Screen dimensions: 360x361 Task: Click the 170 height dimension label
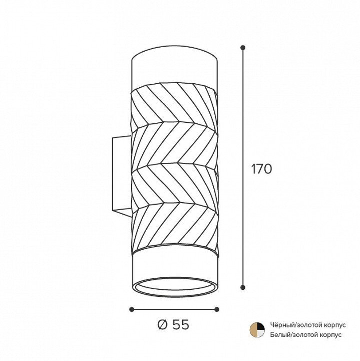coord(262,169)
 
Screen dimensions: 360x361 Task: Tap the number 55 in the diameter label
coord(181,324)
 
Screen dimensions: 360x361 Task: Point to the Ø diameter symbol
coord(163,324)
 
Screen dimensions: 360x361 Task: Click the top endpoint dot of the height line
coord(242,48)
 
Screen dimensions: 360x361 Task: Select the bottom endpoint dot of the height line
coord(242,287)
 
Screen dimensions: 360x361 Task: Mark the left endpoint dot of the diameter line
coord(132,309)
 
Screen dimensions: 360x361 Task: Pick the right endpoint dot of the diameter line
coord(216,309)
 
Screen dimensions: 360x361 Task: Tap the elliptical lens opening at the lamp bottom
coord(174,287)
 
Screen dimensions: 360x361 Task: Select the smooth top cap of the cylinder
coord(174,67)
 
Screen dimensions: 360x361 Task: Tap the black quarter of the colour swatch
coord(261,326)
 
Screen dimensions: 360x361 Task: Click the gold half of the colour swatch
coord(253,330)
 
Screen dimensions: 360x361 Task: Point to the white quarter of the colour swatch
coord(261,333)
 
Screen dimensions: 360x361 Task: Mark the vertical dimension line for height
coord(242,167)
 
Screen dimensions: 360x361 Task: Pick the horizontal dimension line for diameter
coord(174,309)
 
